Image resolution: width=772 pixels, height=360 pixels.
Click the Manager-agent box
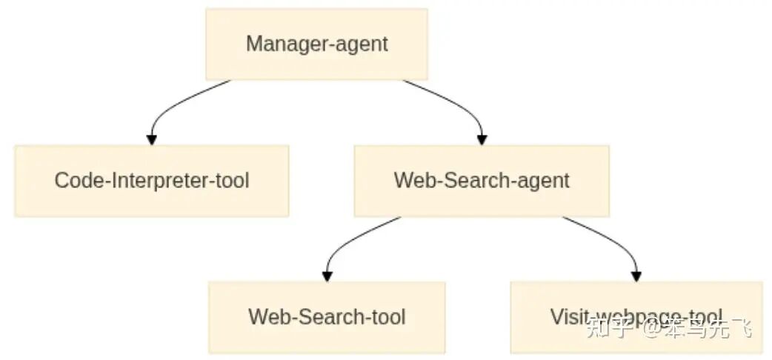point(316,44)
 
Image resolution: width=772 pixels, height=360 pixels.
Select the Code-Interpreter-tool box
point(151,180)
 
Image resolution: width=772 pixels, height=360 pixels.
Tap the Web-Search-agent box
point(482,180)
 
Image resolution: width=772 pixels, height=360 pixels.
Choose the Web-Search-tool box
point(327,316)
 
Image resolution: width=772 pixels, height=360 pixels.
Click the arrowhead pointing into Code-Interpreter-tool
point(152,139)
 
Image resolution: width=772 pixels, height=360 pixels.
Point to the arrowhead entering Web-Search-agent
point(482,139)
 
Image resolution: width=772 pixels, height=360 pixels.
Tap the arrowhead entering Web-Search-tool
point(327,276)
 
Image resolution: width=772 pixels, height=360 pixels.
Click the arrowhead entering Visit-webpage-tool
point(636,276)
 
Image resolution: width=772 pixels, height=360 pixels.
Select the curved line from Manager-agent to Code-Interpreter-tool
point(178,101)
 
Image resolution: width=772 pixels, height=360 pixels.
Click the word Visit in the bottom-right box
point(566,316)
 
